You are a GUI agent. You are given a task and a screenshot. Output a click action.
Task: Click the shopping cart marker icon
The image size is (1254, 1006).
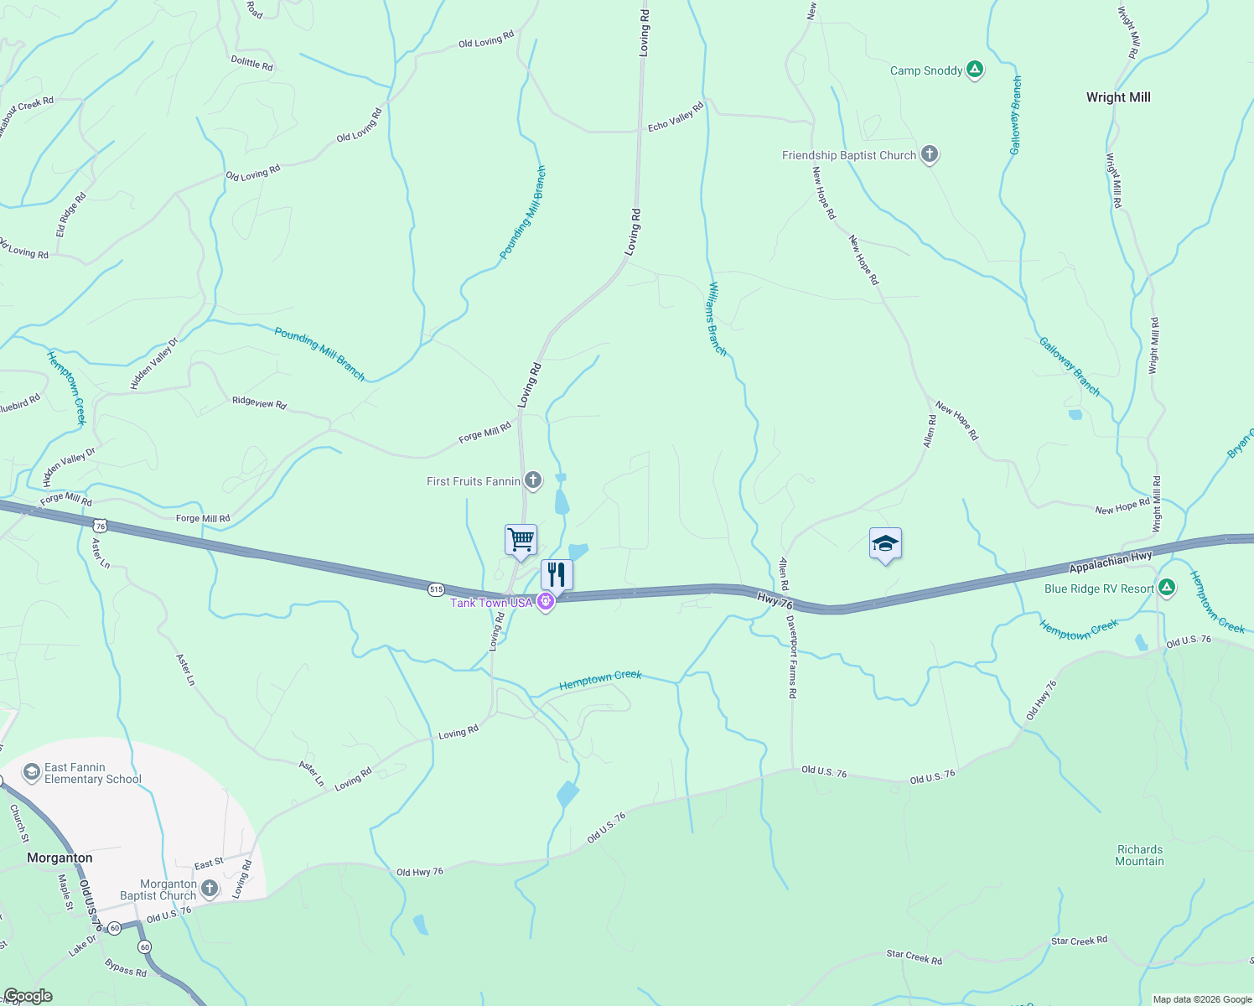(x=521, y=539)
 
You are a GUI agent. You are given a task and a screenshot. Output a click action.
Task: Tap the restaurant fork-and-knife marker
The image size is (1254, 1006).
(x=557, y=575)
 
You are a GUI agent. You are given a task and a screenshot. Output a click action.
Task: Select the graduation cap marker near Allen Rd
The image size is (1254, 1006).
(x=885, y=544)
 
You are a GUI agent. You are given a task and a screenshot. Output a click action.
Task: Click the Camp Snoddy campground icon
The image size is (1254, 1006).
(x=974, y=70)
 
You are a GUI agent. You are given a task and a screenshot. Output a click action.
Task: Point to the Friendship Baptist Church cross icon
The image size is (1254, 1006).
(x=929, y=154)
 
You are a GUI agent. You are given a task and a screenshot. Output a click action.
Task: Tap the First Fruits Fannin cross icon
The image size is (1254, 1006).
(x=532, y=480)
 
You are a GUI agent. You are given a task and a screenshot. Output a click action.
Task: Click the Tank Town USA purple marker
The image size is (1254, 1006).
(x=546, y=602)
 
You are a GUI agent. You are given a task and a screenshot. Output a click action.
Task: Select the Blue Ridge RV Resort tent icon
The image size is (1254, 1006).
(x=1166, y=588)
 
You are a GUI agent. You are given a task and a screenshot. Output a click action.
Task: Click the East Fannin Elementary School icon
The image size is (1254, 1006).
(x=32, y=772)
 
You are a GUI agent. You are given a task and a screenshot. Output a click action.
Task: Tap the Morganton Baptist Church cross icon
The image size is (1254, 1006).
(x=210, y=888)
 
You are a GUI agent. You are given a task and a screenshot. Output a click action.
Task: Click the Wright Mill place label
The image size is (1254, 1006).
(x=1118, y=97)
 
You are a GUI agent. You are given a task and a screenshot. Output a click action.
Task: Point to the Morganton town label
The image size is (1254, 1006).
(x=60, y=858)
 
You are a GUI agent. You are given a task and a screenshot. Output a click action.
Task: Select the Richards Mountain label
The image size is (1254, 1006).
(x=1140, y=855)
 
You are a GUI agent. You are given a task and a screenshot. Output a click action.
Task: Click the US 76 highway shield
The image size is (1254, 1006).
(x=101, y=526)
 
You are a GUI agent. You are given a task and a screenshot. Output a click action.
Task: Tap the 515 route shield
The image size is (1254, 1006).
(x=436, y=589)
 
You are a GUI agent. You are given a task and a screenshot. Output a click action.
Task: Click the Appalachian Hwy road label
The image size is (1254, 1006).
(x=1111, y=563)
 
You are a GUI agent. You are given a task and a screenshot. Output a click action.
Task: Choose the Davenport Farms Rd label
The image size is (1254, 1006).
(x=791, y=657)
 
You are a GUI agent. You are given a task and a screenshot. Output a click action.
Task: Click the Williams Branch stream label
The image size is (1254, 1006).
(x=718, y=319)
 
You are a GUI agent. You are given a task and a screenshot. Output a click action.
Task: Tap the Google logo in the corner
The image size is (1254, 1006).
(x=28, y=996)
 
